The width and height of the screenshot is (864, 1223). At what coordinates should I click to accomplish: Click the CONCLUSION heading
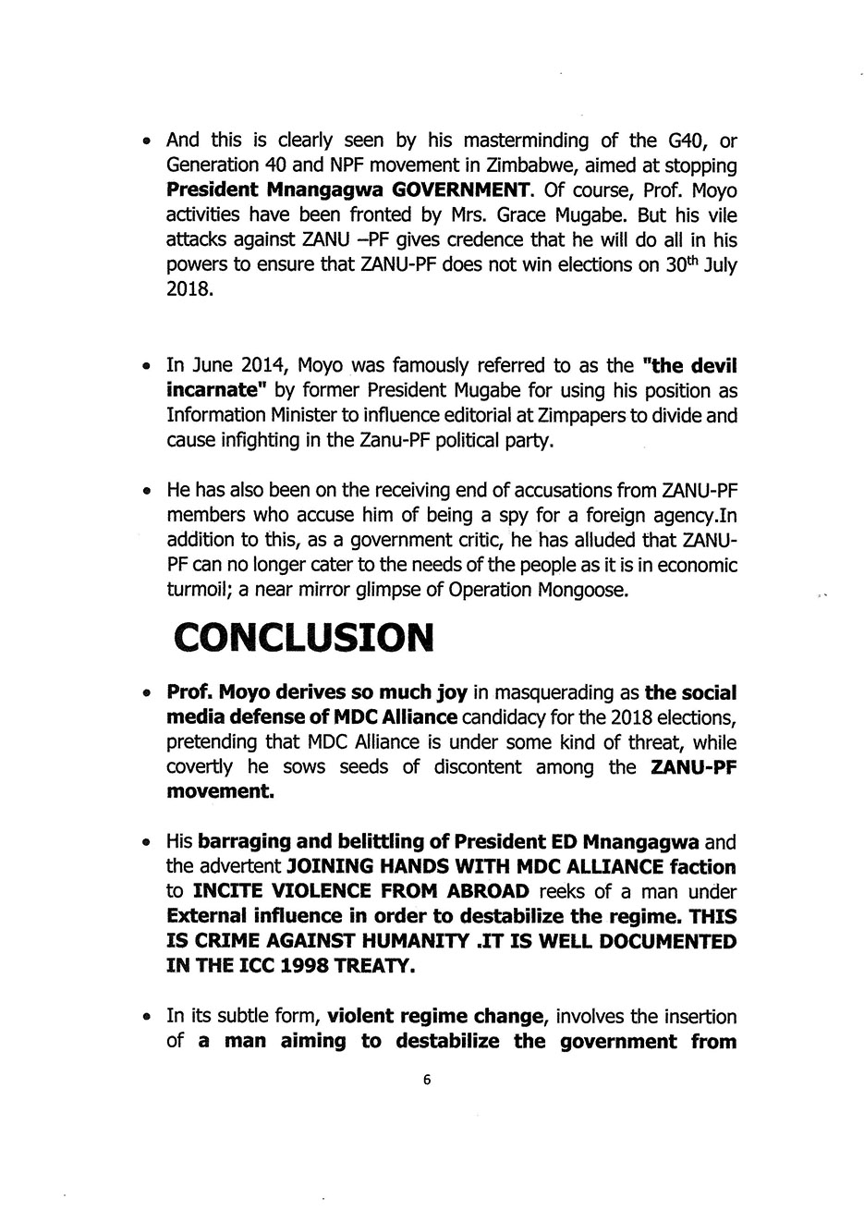coord(303,637)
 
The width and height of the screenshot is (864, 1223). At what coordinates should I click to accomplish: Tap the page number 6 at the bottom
coord(426,1079)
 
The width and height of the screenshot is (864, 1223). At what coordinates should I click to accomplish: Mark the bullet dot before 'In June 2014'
coord(147,367)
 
